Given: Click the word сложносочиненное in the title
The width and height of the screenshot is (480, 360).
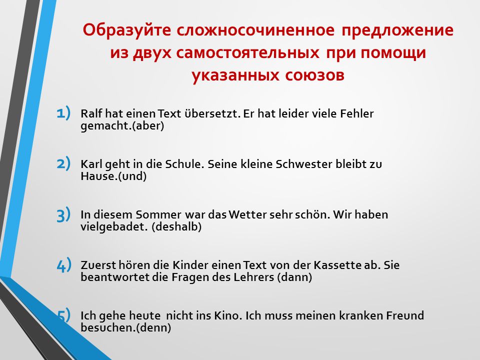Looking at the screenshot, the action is pos(255,30).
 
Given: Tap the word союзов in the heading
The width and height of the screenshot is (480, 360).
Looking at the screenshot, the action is pos(314,75).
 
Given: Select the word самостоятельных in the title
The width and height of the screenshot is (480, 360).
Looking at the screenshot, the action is pos(247,53).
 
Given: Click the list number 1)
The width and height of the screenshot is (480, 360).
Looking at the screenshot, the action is pos(63,112).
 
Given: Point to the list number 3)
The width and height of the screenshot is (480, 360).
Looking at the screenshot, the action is pos(63,214).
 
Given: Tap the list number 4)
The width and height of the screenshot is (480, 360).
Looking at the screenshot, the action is pos(63,265).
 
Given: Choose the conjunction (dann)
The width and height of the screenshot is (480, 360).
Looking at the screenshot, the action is pos(294,277).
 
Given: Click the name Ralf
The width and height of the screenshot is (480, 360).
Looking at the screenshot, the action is pos(91,113).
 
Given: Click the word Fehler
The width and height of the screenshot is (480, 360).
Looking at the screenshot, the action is pos(357,113).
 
